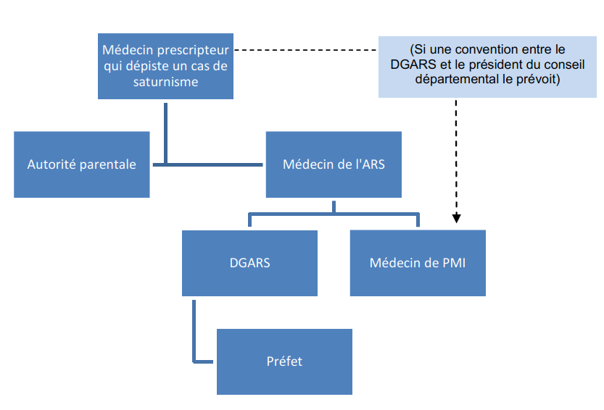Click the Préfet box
(x=284, y=361)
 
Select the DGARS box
(x=249, y=263)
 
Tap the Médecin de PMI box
(x=418, y=263)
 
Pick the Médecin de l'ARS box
(x=334, y=164)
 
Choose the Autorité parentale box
(x=81, y=164)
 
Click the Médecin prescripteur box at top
(x=165, y=66)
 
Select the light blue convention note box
(x=487, y=66)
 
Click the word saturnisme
(x=165, y=82)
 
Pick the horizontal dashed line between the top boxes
(x=308, y=50)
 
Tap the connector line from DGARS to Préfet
(x=194, y=333)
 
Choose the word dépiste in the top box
(x=141, y=66)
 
